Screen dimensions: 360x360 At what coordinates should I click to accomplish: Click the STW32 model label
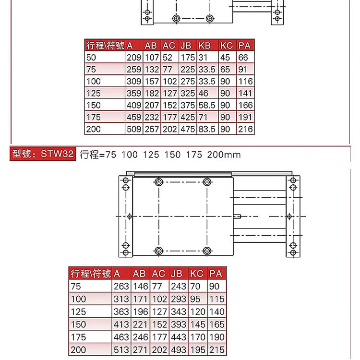coord(43,154)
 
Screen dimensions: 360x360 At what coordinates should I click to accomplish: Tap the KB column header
coord(204,46)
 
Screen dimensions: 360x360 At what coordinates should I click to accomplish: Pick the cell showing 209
coord(134,58)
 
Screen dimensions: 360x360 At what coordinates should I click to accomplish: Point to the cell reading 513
coord(121,350)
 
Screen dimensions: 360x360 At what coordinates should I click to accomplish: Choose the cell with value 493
coord(179,350)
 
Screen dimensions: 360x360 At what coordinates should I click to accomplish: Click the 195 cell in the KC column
coord(197,350)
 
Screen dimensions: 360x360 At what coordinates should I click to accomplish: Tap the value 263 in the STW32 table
coord(121,286)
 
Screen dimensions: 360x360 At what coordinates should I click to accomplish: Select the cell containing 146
coord(140,286)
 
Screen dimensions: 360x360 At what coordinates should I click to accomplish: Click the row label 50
coord(91,58)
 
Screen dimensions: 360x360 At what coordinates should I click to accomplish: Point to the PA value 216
coord(245,129)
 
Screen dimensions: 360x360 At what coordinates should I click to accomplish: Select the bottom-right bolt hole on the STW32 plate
coord(207,250)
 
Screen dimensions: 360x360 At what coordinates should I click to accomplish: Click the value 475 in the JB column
coord(188,129)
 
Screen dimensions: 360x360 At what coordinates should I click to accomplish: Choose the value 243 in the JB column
coord(179,286)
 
